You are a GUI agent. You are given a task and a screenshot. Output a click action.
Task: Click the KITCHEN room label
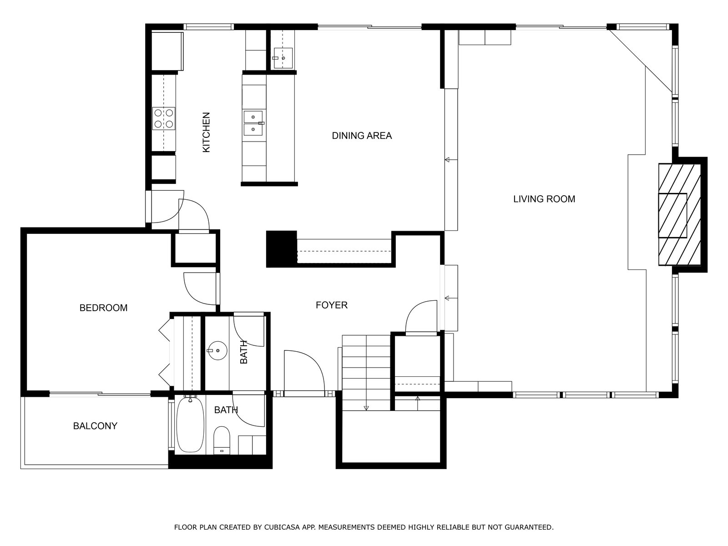coord(206,132)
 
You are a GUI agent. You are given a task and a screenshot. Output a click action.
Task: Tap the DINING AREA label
coord(362,136)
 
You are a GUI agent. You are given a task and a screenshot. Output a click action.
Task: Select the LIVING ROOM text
coord(544,199)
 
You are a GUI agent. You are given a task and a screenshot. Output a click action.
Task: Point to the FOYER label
coord(331,305)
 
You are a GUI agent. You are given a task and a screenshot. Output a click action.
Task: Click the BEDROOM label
coord(103,308)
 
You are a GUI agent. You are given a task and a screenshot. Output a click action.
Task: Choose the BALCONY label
coord(95,426)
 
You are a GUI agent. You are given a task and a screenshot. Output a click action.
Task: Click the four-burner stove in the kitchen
coord(164,118)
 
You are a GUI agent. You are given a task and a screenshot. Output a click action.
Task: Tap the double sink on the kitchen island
coord(254,123)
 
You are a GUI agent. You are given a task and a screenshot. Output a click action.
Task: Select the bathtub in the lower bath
coord(190,425)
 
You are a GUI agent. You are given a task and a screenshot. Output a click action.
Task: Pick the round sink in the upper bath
coord(218,350)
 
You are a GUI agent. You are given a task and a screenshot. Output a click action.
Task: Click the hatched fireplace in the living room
coord(679,214)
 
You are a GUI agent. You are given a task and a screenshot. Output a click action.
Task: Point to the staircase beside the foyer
coord(366,373)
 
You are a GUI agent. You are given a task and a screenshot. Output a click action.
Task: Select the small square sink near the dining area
coord(283,58)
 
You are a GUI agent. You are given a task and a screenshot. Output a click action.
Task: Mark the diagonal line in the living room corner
coord(641,61)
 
